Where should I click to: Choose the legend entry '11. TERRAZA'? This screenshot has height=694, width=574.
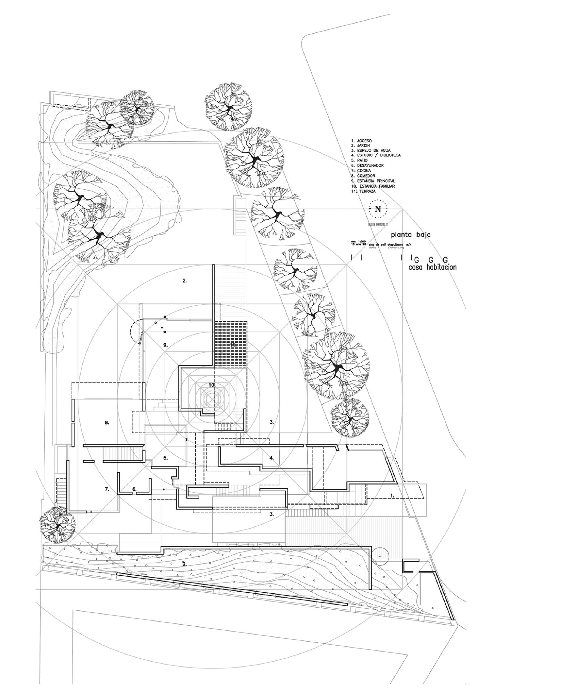pyautogui.click(x=363, y=191)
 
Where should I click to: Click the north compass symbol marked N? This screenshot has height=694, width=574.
pyautogui.click(x=378, y=209)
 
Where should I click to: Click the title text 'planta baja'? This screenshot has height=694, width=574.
pyautogui.click(x=411, y=235)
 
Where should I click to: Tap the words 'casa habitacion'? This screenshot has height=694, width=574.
pyautogui.click(x=433, y=267)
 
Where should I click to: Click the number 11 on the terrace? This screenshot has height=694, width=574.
pyautogui.click(x=233, y=345)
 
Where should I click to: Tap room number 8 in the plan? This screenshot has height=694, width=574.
pyautogui.click(x=107, y=422)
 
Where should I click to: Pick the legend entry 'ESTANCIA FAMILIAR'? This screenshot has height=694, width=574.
pyautogui.click(x=373, y=186)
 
